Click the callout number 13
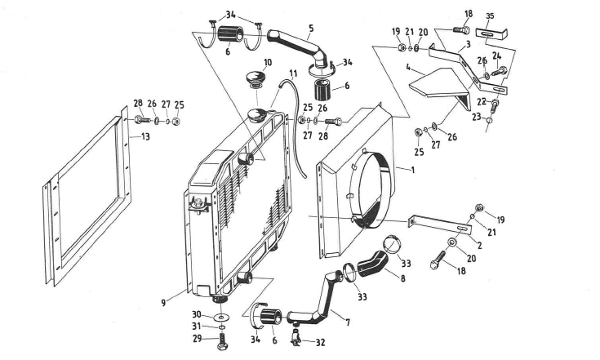[146, 137]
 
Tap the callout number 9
[164, 301]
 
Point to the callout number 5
[311, 28]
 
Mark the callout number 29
[196, 339]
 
